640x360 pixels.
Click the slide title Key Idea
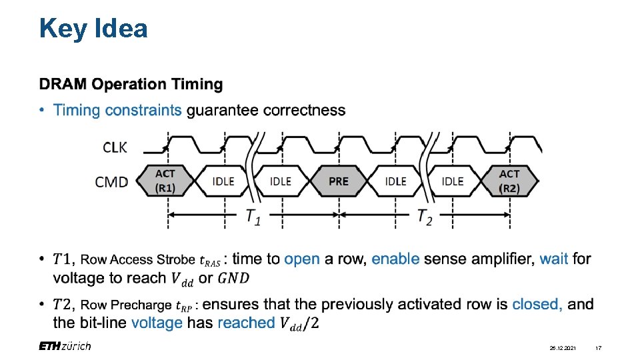pyautogui.click(x=93, y=29)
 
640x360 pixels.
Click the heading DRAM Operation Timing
pyautogui.click(x=131, y=85)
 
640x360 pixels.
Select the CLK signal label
pyautogui.click(x=115, y=147)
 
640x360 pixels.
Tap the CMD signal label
pyautogui.click(x=112, y=181)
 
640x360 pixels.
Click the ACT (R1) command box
pyautogui.click(x=165, y=181)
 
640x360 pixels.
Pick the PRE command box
pyautogui.click(x=339, y=181)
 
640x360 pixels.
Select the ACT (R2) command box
pyautogui.click(x=509, y=181)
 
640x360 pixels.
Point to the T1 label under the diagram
pyautogui.click(x=253, y=216)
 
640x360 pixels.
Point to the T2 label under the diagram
pyautogui.click(x=425, y=216)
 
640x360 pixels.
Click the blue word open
pyautogui.click(x=302, y=259)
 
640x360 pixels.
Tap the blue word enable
pyautogui.click(x=395, y=259)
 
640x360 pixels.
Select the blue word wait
pyautogui.click(x=554, y=259)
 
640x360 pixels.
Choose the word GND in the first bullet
pyautogui.click(x=239, y=278)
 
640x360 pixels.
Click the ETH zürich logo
pyautogui.click(x=65, y=346)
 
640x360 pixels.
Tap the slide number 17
pyautogui.click(x=599, y=348)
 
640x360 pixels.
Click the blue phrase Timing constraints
pyautogui.click(x=117, y=110)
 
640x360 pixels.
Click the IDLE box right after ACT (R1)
pyautogui.click(x=223, y=181)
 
